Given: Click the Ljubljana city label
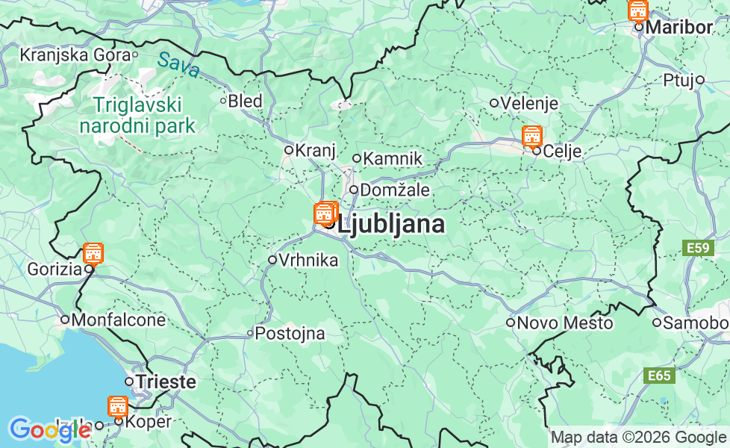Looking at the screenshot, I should coord(393,224).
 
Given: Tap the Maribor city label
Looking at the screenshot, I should coord(679,27).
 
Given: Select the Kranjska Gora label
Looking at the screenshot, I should coord(75,55).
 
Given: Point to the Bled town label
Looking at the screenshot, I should coord(245,101).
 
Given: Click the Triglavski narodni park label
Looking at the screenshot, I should coord(137,115).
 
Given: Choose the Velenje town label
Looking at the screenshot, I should coord(529,103).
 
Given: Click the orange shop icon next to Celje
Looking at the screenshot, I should coord(531,137).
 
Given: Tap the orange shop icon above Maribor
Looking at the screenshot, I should coord(638,10).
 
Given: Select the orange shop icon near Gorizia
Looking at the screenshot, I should coord(93,253).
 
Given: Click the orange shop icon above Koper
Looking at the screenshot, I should coord(117,406).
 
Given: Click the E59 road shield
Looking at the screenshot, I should coord(699,247).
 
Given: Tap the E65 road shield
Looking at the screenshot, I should coord(659,376).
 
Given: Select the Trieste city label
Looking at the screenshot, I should coord(166,382).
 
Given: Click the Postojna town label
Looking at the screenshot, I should coord(290,334).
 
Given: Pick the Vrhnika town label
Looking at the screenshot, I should coord(308,260).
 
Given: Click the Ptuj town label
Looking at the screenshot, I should coord(678,80).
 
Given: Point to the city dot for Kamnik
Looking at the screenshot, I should coord(357,158).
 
